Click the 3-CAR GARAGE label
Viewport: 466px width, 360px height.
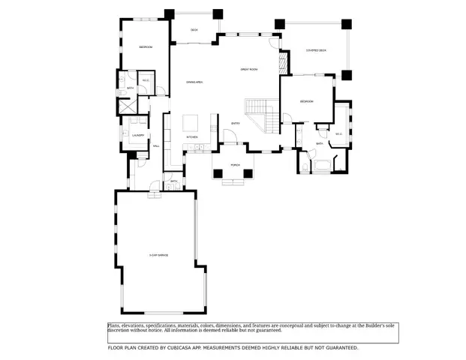(158, 256)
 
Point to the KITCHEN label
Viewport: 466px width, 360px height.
(192, 137)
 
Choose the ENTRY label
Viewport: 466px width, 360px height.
(235, 124)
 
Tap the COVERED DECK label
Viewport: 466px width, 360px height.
(316, 51)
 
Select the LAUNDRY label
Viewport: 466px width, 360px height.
(137, 135)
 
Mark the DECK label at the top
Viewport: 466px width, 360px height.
(194, 30)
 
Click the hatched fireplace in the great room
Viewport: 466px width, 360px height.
(284, 62)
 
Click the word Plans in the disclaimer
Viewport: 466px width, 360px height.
(113, 325)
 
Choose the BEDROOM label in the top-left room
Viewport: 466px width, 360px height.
(146, 47)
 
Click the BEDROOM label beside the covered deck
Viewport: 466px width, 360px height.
(306, 101)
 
